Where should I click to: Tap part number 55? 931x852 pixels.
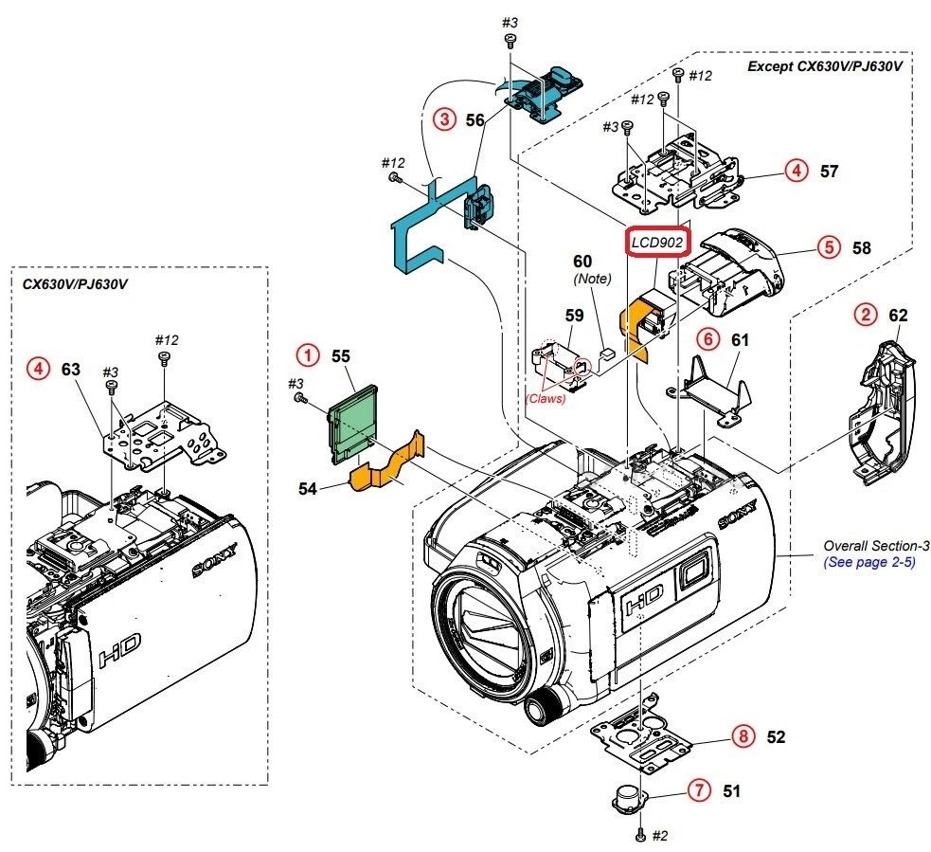[x=341, y=356]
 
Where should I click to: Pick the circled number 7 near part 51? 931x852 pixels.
[x=699, y=789]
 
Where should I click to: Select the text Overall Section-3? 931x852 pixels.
[x=876, y=546]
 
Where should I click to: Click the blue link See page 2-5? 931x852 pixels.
[x=869, y=562]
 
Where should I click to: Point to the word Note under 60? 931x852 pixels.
[x=592, y=280]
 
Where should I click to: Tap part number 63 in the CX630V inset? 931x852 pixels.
[x=70, y=369]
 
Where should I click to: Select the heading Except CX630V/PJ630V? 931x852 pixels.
[x=823, y=66]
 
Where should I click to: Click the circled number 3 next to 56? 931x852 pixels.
[x=442, y=120]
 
